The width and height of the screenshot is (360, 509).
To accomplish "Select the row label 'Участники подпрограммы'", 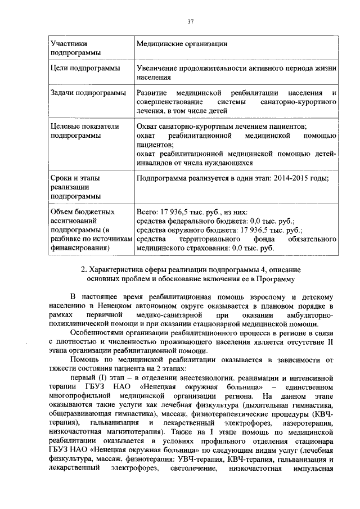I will click(74, 48).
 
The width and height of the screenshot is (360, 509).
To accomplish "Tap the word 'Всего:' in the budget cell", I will click(148, 212).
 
